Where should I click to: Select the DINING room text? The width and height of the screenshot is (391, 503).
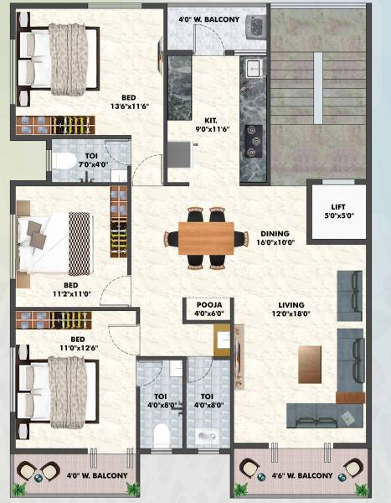click(x=275, y=234)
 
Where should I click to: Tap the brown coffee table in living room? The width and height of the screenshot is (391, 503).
click(x=310, y=364)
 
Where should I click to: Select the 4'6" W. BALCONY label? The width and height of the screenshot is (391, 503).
click(x=301, y=476)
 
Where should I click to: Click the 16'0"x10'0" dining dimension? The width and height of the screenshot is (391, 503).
click(x=275, y=244)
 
